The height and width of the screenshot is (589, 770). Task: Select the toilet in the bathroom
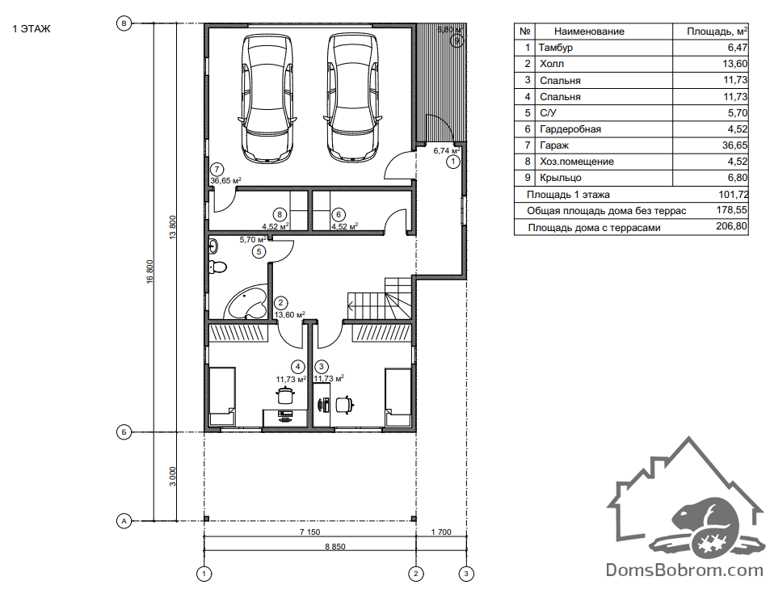(217, 267)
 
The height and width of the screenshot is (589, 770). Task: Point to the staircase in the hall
(379, 299)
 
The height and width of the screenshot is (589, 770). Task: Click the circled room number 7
(217, 170)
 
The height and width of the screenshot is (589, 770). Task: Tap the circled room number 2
(280, 303)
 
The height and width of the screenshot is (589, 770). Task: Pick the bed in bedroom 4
(222, 398)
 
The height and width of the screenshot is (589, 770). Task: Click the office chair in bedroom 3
(345, 404)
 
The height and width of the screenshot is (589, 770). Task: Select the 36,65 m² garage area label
(226, 181)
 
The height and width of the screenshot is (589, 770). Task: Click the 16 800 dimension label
(149, 271)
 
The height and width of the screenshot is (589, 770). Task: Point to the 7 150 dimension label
(310, 532)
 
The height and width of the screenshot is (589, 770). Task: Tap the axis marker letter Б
(124, 432)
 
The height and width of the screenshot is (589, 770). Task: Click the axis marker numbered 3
(466, 574)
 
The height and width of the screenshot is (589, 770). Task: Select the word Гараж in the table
(554, 145)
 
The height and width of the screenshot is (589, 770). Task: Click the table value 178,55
(732, 210)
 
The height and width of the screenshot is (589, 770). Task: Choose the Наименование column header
(589, 32)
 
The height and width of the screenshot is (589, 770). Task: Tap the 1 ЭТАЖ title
(32, 29)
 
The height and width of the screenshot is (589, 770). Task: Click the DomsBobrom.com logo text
(684, 570)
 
